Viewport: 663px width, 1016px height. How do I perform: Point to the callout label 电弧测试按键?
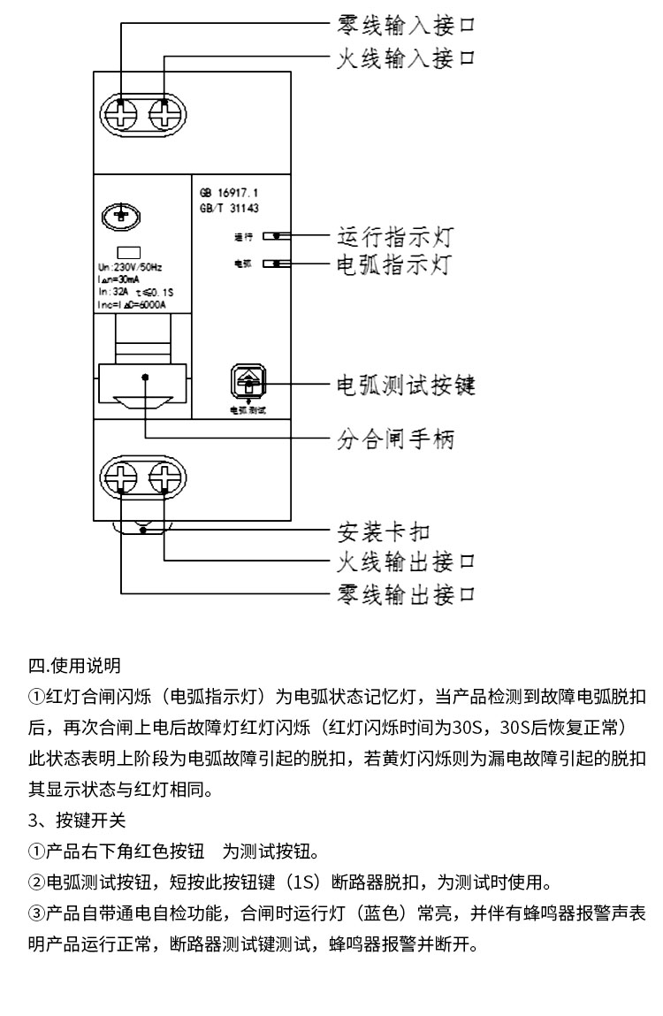(x=407, y=386)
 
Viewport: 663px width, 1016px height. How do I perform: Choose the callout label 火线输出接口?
(x=407, y=561)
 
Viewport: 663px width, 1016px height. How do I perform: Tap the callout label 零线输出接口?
(x=407, y=592)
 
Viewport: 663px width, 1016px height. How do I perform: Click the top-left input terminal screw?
(x=120, y=114)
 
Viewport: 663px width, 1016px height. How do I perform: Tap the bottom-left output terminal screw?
(x=120, y=480)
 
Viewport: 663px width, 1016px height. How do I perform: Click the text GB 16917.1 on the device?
(x=230, y=193)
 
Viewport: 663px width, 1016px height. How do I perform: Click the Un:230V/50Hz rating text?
(x=131, y=266)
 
